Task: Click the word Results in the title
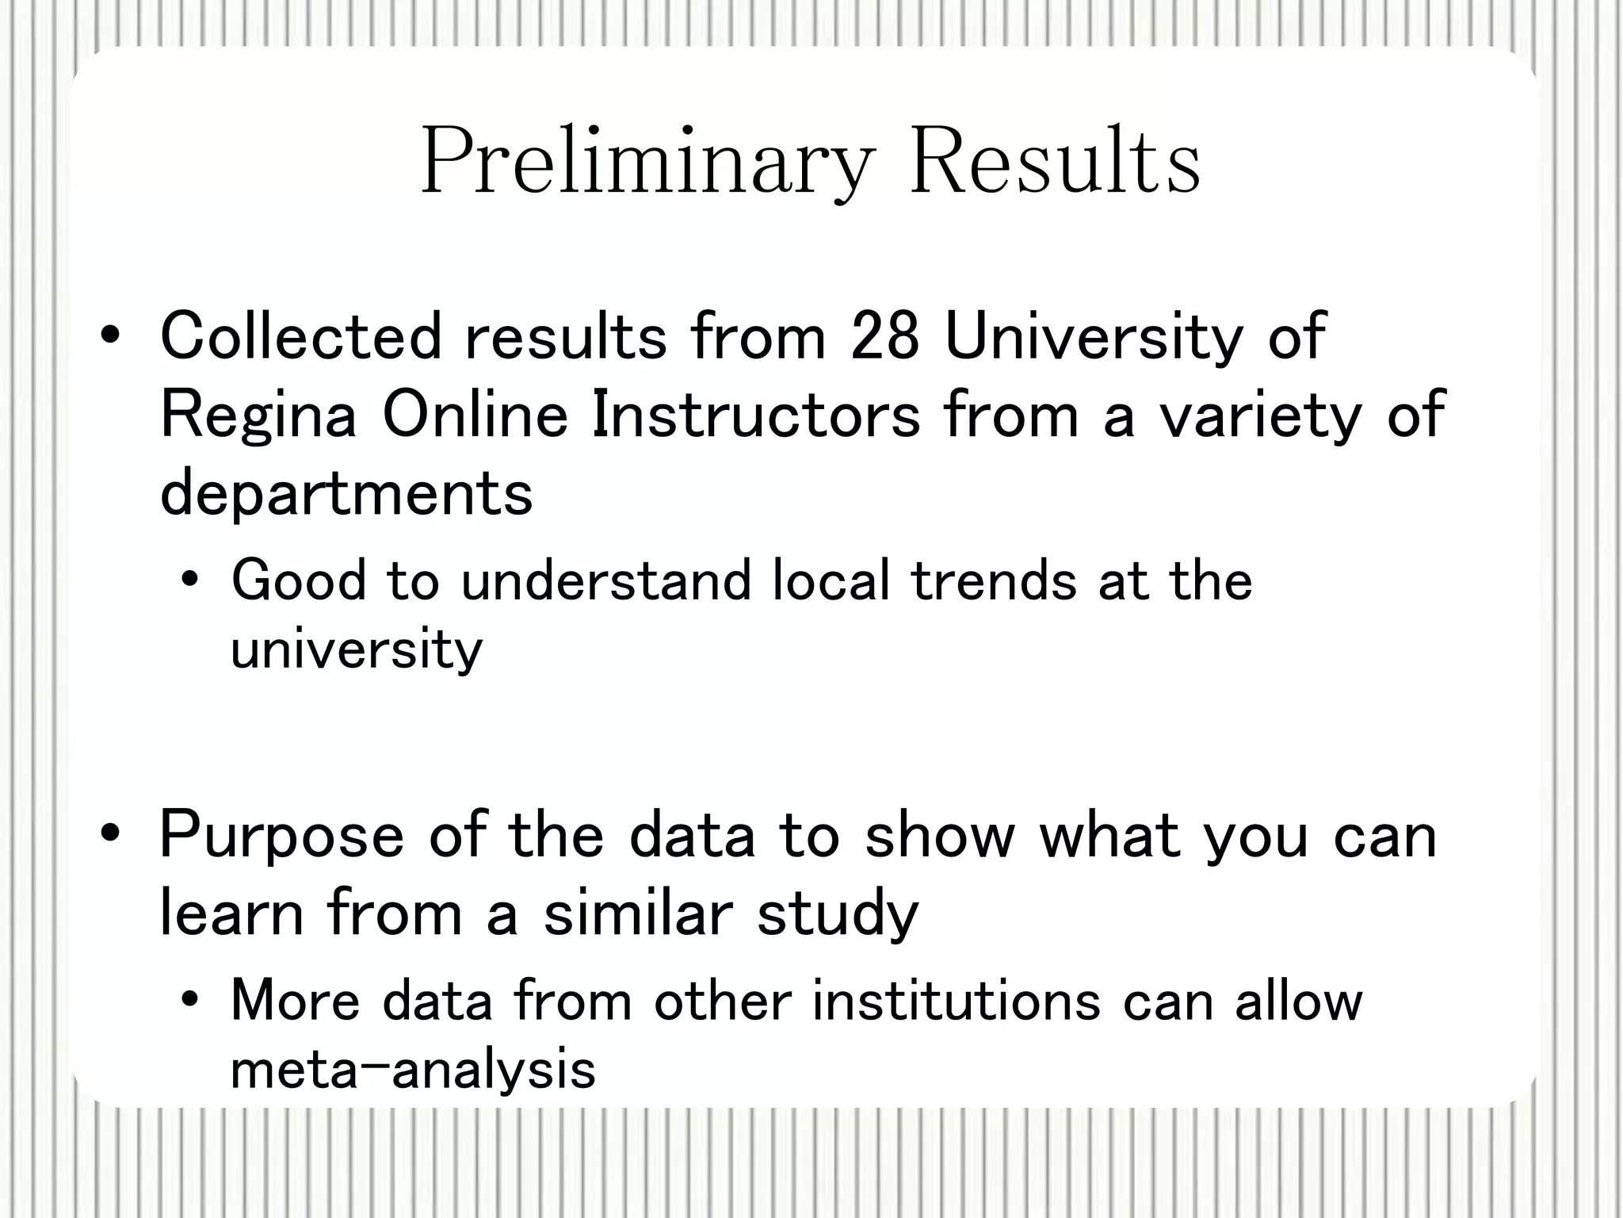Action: [1055, 162]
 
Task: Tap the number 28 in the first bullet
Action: [884, 336]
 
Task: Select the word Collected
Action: [300, 336]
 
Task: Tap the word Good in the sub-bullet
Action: [299, 580]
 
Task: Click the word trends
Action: [994, 580]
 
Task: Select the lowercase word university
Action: [356, 650]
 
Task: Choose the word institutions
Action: [956, 1001]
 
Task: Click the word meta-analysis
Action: [412, 1069]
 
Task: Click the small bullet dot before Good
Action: [189, 581]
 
